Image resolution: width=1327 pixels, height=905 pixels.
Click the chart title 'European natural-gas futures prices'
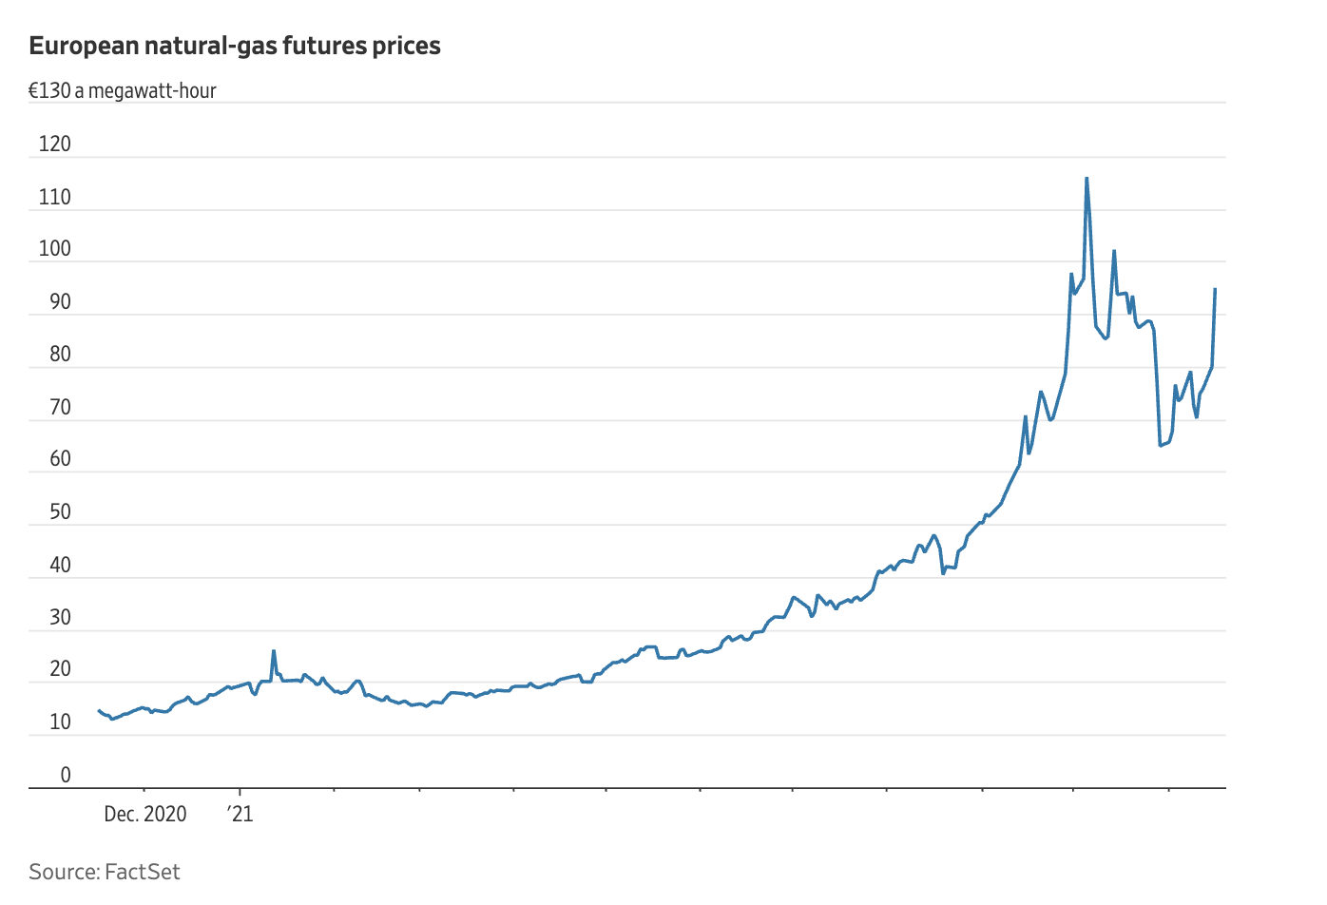pyautogui.click(x=235, y=46)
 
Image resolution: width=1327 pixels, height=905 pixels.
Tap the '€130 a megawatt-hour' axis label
pyautogui.click(x=123, y=91)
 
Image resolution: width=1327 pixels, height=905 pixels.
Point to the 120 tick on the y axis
pyautogui.click(x=55, y=144)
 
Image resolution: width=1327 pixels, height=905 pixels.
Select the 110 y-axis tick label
pyautogui.click(x=55, y=197)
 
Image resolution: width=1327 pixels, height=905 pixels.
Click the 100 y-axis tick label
pyautogui.click(x=55, y=249)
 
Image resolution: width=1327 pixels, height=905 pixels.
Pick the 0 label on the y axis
pyautogui.click(x=66, y=775)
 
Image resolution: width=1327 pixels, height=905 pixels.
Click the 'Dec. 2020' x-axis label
pyautogui.click(x=145, y=815)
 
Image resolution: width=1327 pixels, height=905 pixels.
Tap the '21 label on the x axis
pyautogui.click(x=240, y=815)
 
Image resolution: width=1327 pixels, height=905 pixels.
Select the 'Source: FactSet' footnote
pyautogui.click(x=105, y=872)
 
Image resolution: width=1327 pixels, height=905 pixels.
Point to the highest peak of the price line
pyautogui.click(x=1087, y=178)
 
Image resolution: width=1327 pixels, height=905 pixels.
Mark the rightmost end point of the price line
pyautogui.click(x=1215, y=289)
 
